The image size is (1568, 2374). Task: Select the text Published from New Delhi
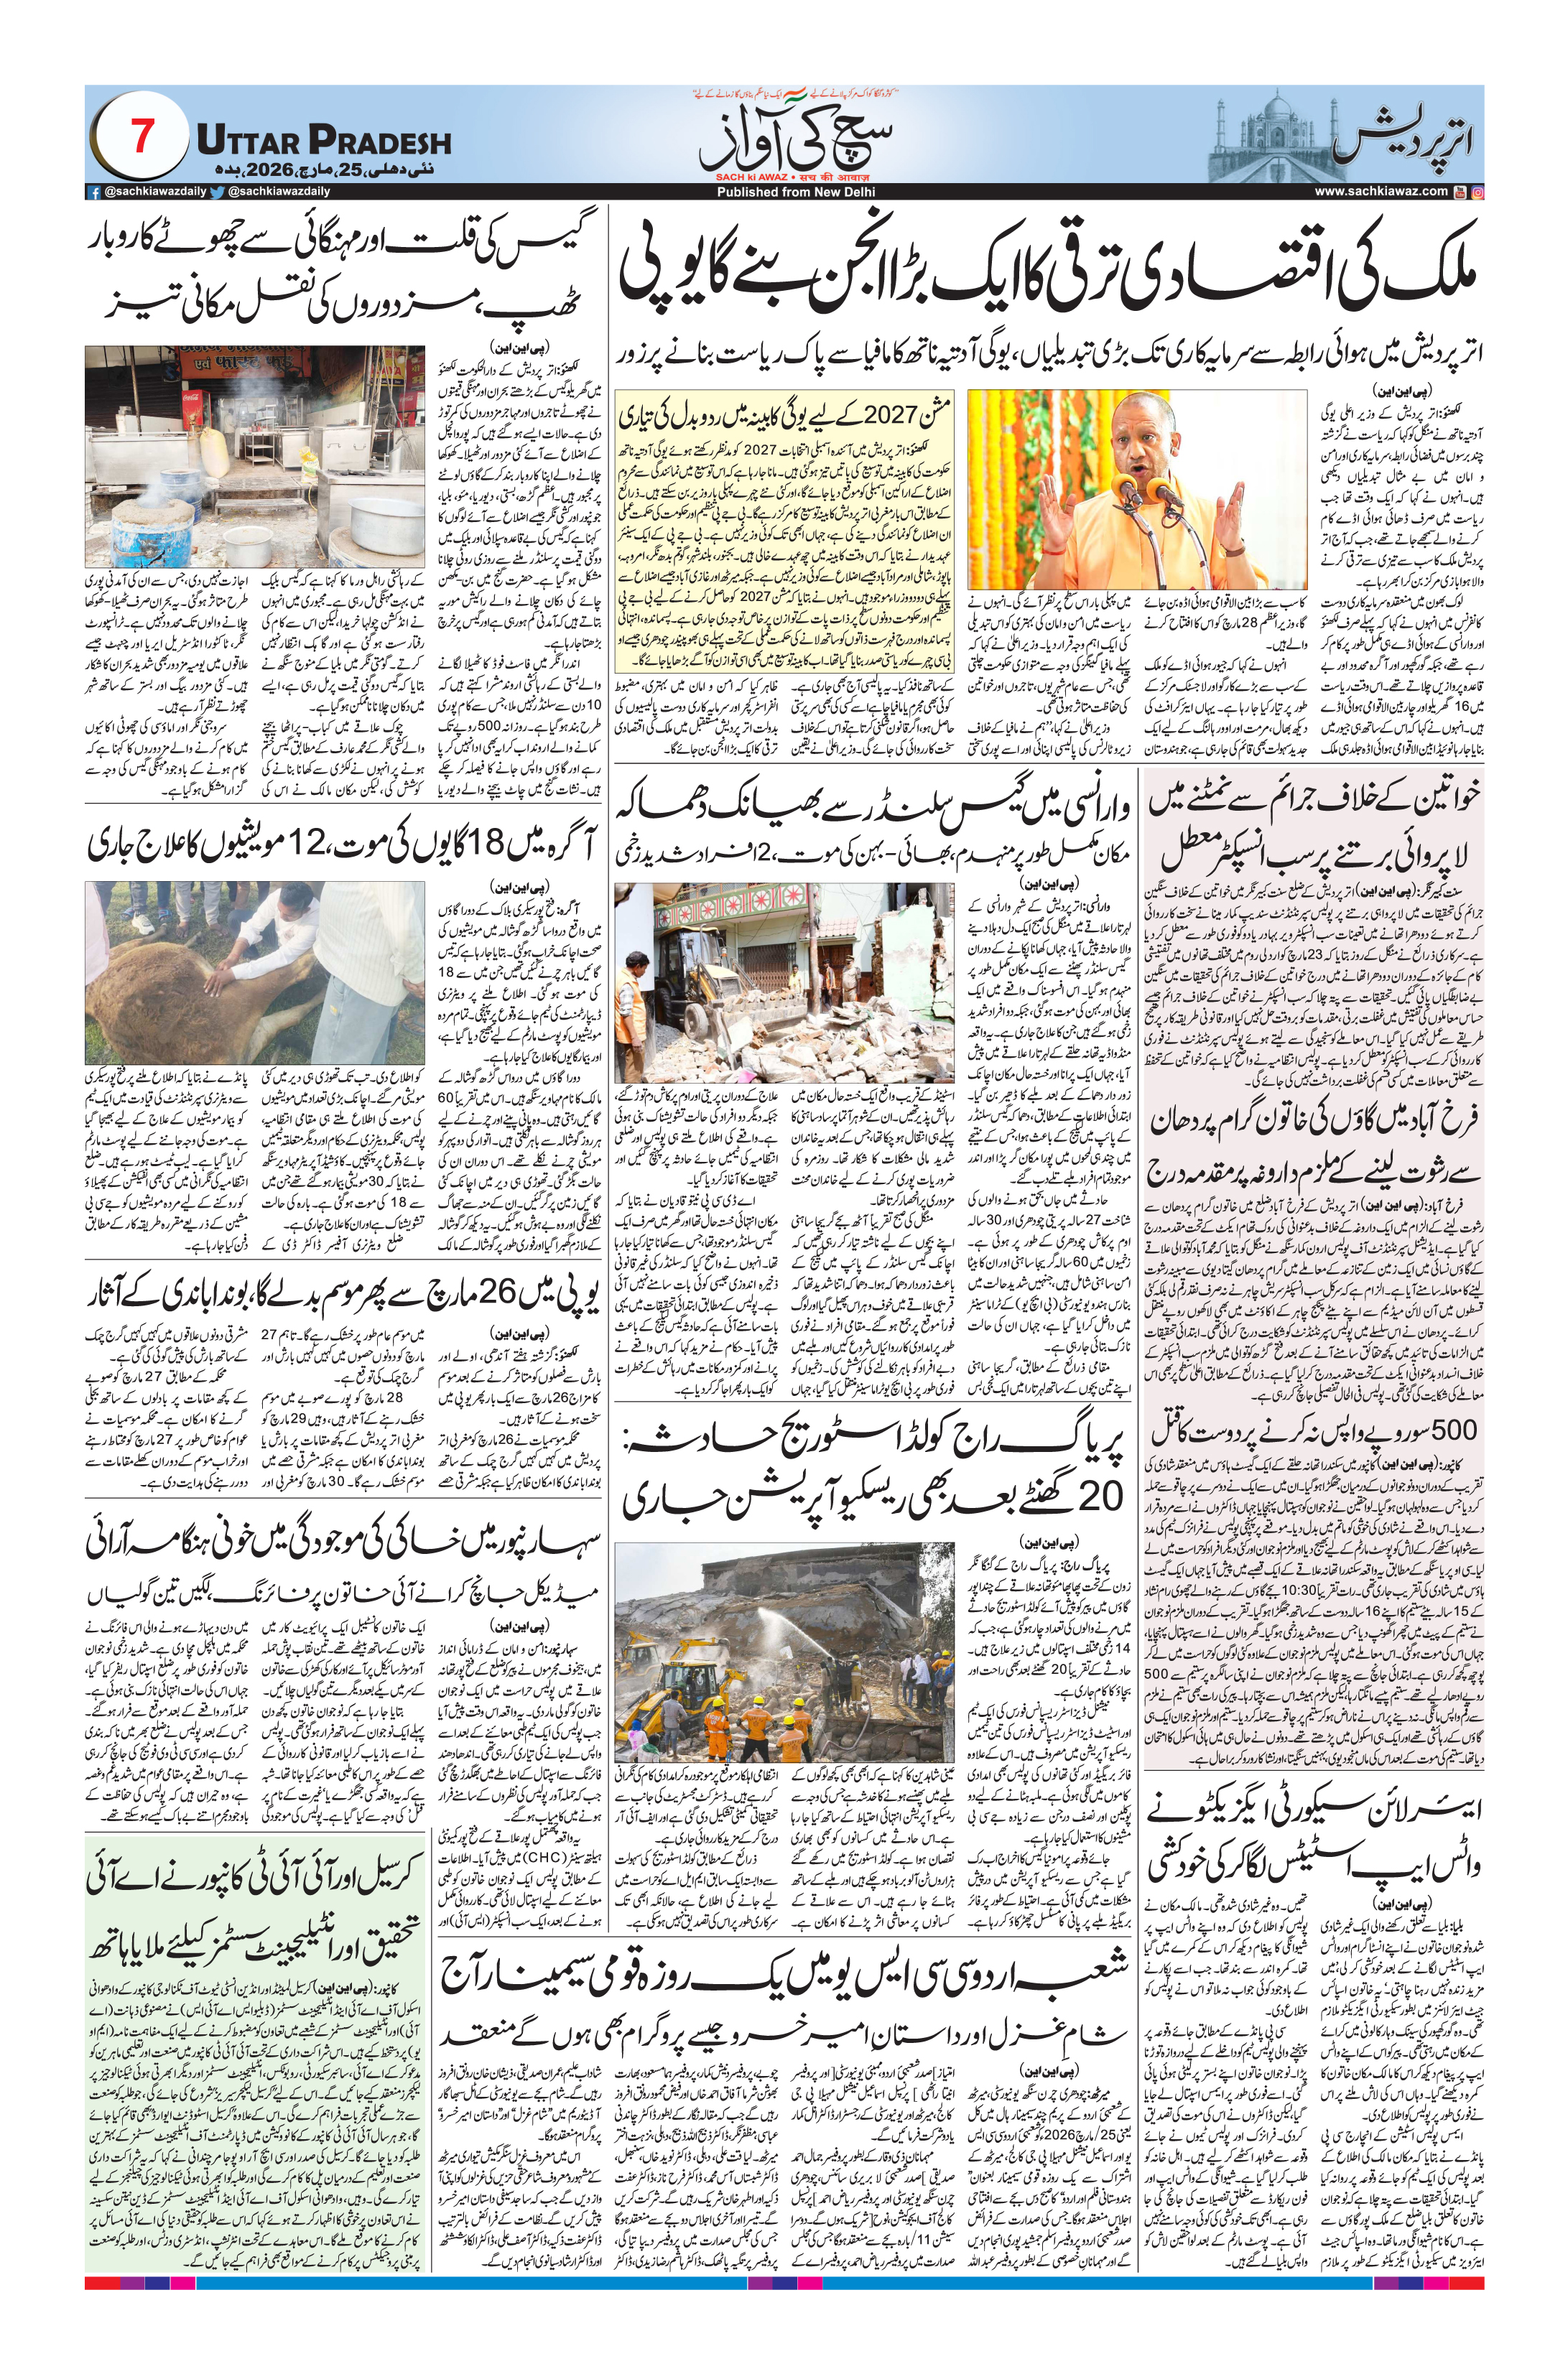point(795,191)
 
